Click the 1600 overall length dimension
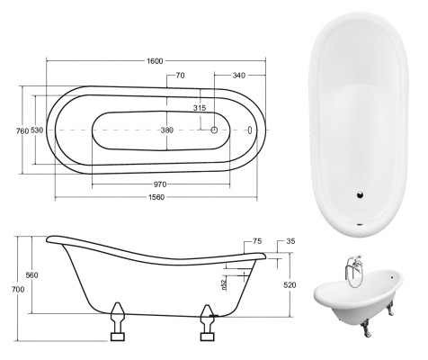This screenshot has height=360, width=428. [154, 60]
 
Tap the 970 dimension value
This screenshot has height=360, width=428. [159, 184]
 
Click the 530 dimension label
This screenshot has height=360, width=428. [37, 130]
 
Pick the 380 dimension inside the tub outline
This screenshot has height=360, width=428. [166, 130]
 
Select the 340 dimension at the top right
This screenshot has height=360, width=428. [239, 76]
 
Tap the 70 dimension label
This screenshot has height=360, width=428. [180, 76]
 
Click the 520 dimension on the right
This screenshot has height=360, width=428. [290, 284]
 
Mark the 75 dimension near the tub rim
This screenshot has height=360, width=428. [257, 241]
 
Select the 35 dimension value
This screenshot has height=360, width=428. [290, 242]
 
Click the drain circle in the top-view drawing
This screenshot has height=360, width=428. [215, 130]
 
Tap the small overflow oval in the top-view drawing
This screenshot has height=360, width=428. [252, 130]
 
